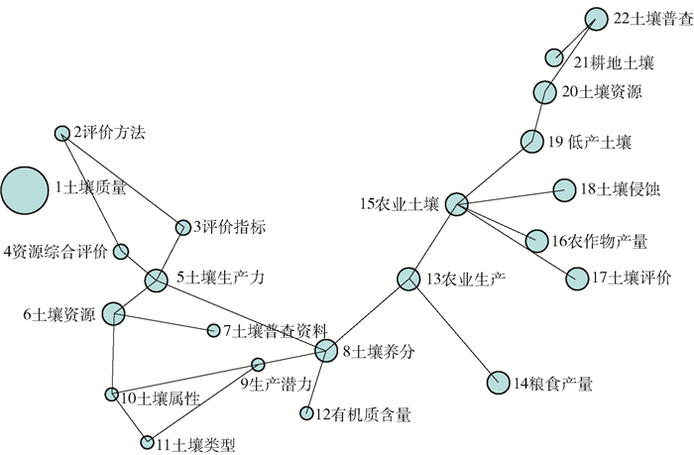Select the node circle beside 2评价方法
pos(63,133)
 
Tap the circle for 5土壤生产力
pos(156,281)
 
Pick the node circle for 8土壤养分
pos(326,349)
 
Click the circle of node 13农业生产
pos(408,280)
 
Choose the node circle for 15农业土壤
pos(455,204)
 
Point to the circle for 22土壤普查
pos(595,19)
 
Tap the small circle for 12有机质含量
pos(306,412)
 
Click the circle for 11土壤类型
pos(148,442)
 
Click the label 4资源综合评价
pos(56,252)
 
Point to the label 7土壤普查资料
pos(275,329)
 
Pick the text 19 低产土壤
pos(589,142)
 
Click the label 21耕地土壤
pos(614,63)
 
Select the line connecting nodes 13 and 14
pos(454,331)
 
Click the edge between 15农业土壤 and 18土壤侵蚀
pos(509,196)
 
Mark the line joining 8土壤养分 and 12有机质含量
pos(316,381)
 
